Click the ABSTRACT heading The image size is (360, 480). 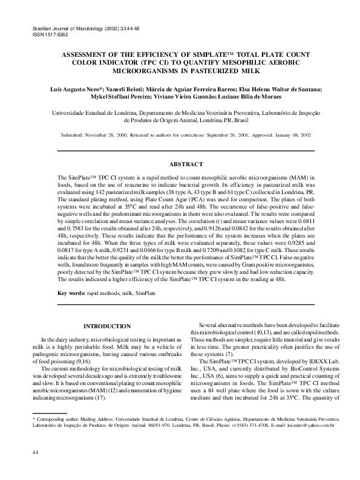pyautogui.click(x=186, y=163)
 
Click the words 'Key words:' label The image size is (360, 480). pyautogui.click(x=71, y=293)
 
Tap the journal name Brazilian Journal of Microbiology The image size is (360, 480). pyautogui.click(x=71, y=28)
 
